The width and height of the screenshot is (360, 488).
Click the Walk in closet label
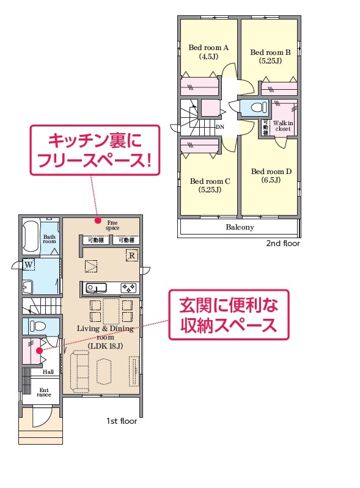tap(283, 126)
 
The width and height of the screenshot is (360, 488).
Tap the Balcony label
tap(240, 227)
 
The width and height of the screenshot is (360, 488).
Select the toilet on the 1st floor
tap(38, 326)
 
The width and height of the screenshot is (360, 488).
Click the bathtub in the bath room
tap(31, 236)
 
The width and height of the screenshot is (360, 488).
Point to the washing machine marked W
tap(28, 265)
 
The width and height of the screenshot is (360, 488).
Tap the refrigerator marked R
tap(132, 255)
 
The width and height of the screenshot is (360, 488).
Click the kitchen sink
tap(96, 288)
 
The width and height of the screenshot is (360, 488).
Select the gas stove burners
tap(128, 288)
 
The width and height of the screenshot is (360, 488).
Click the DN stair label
tap(220, 127)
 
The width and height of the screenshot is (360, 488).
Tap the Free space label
tap(112, 225)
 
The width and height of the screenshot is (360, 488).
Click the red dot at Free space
tap(98, 220)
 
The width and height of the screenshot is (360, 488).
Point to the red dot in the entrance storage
tap(39, 351)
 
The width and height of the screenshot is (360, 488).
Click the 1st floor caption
tap(122, 421)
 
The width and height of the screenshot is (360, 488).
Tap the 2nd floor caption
tap(283, 243)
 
